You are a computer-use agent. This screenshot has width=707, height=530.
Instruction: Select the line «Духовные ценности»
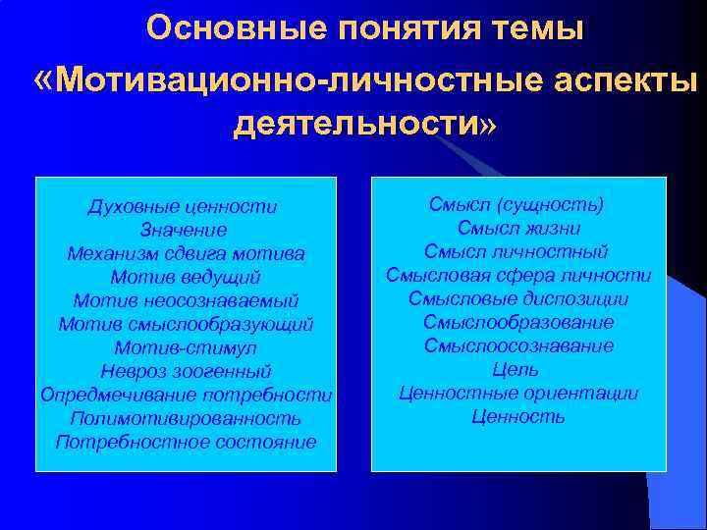(x=183, y=207)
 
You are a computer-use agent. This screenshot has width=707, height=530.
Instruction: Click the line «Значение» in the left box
(x=184, y=231)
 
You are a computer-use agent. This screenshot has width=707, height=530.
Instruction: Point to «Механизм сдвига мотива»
(x=186, y=253)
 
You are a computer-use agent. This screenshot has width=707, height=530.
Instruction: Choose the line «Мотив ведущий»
(x=186, y=277)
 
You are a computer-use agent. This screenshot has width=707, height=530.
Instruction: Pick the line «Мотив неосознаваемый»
(x=186, y=300)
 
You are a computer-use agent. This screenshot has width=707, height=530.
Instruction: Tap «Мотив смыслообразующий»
(x=186, y=324)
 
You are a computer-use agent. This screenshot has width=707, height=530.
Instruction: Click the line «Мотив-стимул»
(x=186, y=347)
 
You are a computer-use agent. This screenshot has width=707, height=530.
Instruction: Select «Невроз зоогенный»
(x=186, y=371)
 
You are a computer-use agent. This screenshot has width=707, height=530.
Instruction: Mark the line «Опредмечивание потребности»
(x=187, y=395)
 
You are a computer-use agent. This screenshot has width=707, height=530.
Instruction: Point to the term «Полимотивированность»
(x=186, y=418)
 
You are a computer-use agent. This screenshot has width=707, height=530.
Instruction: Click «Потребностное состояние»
(x=186, y=442)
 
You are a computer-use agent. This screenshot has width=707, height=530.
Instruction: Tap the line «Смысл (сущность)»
(x=517, y=205)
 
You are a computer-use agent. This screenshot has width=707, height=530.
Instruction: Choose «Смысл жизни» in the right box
(x=517, y=229)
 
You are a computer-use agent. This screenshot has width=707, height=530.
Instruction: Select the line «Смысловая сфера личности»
(x=517, y=276)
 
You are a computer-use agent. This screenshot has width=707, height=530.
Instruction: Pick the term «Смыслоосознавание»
(x=518, y=346)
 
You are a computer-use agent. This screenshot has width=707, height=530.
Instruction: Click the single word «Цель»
(x=517, y=370)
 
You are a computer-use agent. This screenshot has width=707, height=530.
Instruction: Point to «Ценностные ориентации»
(x=517, y=394)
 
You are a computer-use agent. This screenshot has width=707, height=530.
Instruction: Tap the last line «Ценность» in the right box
(x=517, y=417)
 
